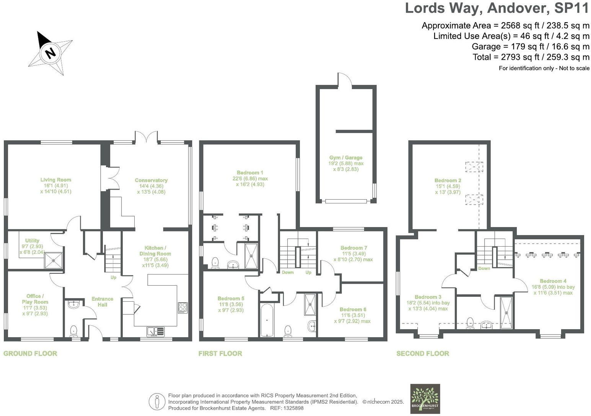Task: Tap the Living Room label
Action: pos(56,180)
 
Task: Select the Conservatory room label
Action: pos(151,180)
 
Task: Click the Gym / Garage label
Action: pos(345,158)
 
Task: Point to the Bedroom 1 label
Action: pos(250,173)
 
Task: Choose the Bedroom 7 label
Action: pos(352,248)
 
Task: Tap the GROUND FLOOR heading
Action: pos(30,354)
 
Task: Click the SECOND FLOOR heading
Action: pos(423,354)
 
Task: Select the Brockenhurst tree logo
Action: pos(425,399)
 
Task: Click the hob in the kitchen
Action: pos(182,307)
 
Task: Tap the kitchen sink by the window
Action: pos(155,331)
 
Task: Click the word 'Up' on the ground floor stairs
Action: pos(113,278)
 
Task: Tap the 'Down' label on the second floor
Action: pos(484,268)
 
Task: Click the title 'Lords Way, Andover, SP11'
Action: pos(497,8)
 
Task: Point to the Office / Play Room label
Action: pos(35,299)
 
